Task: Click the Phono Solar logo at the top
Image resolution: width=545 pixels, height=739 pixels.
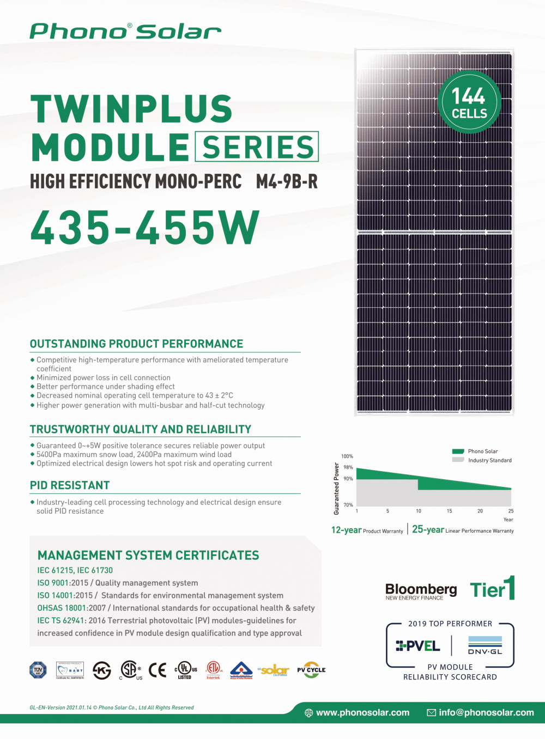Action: pos(125,32)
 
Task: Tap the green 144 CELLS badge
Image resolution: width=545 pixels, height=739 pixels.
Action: pos(469,102)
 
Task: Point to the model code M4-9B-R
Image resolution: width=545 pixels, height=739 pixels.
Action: pos(287,181)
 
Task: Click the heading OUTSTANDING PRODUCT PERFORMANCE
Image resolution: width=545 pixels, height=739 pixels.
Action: pos(136,344)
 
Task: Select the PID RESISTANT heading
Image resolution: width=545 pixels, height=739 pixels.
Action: pos(70,485)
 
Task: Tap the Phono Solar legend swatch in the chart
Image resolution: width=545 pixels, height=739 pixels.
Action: pos(458,451)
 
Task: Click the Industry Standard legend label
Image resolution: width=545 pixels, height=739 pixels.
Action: pos(489,460)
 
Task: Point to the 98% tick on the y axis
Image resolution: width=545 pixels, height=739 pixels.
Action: pos(348,467)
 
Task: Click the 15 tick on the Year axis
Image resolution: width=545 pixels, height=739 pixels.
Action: pos(449,511)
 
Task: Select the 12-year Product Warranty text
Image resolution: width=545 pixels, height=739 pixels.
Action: pos(367,530)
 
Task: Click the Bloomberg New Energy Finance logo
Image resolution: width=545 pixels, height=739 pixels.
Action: pos(421,591)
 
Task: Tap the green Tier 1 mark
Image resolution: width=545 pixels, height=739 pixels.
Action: pos(493,589)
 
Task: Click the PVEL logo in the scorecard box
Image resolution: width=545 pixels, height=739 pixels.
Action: pos(418,646)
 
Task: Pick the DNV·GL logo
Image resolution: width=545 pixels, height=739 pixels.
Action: pos(485,646)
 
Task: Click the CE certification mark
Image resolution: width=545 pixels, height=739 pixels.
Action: pos(158,670)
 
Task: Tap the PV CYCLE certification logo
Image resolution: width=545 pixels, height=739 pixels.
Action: pos(311,670)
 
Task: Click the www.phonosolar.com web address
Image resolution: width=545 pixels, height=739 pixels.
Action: pos(362,712)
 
